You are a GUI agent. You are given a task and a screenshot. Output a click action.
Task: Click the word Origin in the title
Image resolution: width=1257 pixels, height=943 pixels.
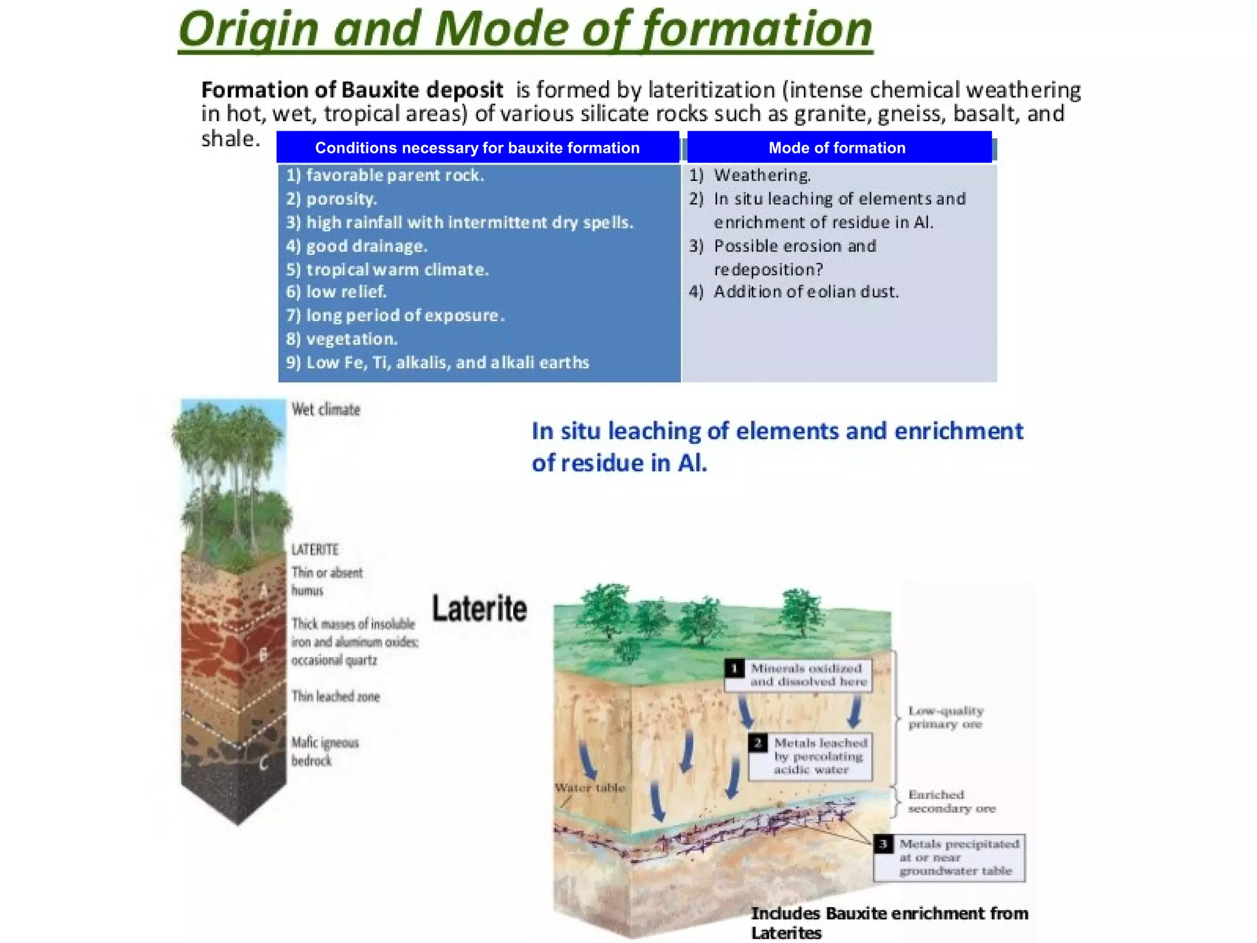click(x=249, y=29)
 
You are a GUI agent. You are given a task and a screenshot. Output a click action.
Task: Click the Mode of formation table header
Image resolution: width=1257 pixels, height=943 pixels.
click(x=837, y=148)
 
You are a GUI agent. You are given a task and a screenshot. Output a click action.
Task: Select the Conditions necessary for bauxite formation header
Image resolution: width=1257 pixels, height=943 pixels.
click(x=477, y=148)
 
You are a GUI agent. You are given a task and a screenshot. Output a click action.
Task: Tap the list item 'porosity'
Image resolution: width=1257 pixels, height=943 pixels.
click(x=341, y=199)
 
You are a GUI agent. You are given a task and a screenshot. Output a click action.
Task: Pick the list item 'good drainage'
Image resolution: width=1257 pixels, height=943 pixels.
click(x=366, y=246)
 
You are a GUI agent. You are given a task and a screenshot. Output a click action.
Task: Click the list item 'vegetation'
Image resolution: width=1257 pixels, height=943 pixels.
click(x=352, y=339)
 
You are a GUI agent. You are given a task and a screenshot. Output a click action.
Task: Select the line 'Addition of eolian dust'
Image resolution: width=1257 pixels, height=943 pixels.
click(x=805, y=292)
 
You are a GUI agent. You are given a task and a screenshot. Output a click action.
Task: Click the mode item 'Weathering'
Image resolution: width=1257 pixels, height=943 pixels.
click(x=762, y=176)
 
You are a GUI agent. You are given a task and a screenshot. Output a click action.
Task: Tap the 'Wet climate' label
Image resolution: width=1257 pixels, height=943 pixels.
click(x=325, y=409)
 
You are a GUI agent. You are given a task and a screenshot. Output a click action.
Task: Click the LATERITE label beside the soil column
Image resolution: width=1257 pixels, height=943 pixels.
click(x=314, y=549)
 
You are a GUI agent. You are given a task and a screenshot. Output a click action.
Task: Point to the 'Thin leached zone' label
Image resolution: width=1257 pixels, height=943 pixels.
click(x=335, y=696)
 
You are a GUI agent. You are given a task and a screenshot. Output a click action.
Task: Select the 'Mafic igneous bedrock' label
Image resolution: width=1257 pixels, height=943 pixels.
click(x=324, y=751)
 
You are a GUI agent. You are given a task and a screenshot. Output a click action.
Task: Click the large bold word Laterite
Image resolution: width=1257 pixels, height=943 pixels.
click(x=479, y=608)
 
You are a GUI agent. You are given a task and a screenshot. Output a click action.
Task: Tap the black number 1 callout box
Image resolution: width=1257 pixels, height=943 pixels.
click(x=735, y=669)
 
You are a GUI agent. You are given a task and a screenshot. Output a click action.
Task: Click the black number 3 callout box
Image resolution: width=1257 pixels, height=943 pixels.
click(x=883, y=844)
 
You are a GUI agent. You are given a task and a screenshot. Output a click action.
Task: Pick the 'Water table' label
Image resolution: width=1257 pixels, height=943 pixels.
click(x=589, y=788)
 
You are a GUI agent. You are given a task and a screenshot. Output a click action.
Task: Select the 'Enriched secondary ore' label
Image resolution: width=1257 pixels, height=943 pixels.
click(x=951, y=802)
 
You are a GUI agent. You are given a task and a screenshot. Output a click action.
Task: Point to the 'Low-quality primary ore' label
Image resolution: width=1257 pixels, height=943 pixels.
click(x=945, y=717)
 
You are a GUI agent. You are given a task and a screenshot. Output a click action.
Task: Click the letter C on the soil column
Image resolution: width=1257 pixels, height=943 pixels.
click(x=263, y=763)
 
